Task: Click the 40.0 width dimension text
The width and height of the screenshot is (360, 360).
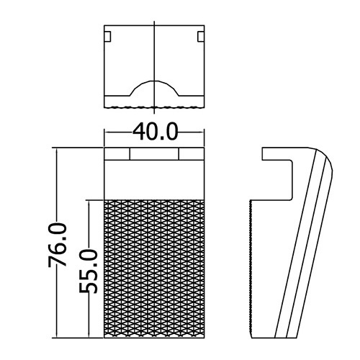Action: tap(156, 132)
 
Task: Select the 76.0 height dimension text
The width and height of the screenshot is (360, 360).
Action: tap(57, 245)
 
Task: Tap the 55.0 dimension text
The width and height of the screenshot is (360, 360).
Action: tap(89, 271)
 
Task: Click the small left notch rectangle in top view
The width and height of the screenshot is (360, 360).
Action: tap(107, 37)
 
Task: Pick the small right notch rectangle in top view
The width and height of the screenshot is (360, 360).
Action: tap(201, 37)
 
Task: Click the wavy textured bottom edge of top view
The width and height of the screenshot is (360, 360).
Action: tap(154, 107)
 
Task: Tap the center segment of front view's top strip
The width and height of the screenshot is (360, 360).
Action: tap(154, 153)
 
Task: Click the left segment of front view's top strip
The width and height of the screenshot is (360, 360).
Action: tap(117, 153)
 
